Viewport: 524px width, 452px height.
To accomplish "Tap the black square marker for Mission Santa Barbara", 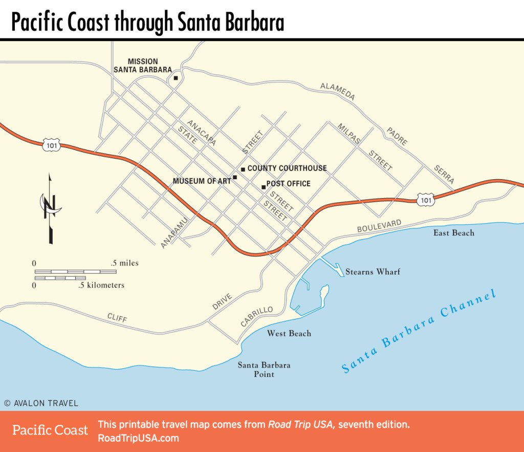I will [176, 78].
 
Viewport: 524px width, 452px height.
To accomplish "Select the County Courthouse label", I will [287, 168].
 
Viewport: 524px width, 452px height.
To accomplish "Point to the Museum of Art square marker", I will [235, 178].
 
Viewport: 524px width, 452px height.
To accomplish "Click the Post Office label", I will [288, 184].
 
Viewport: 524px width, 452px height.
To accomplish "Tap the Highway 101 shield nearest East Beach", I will [426, 200].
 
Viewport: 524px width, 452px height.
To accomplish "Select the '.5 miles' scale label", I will [124, 263].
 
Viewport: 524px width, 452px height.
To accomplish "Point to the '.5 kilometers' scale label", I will [101, 285].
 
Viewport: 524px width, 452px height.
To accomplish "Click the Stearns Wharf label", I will [373, 271].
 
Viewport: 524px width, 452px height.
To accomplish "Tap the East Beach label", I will [454, 233].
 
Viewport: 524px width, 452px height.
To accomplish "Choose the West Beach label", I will [289, 334].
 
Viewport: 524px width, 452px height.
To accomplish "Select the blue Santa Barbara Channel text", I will [419, 332].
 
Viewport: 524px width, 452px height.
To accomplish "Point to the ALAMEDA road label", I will [338, 91].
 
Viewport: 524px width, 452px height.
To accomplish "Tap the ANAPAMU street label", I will [174, 231].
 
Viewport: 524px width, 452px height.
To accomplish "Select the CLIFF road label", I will [117, 318].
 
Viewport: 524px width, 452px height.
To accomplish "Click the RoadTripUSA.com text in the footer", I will [138, 438].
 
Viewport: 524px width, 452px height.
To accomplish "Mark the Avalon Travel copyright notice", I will [41, 403].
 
